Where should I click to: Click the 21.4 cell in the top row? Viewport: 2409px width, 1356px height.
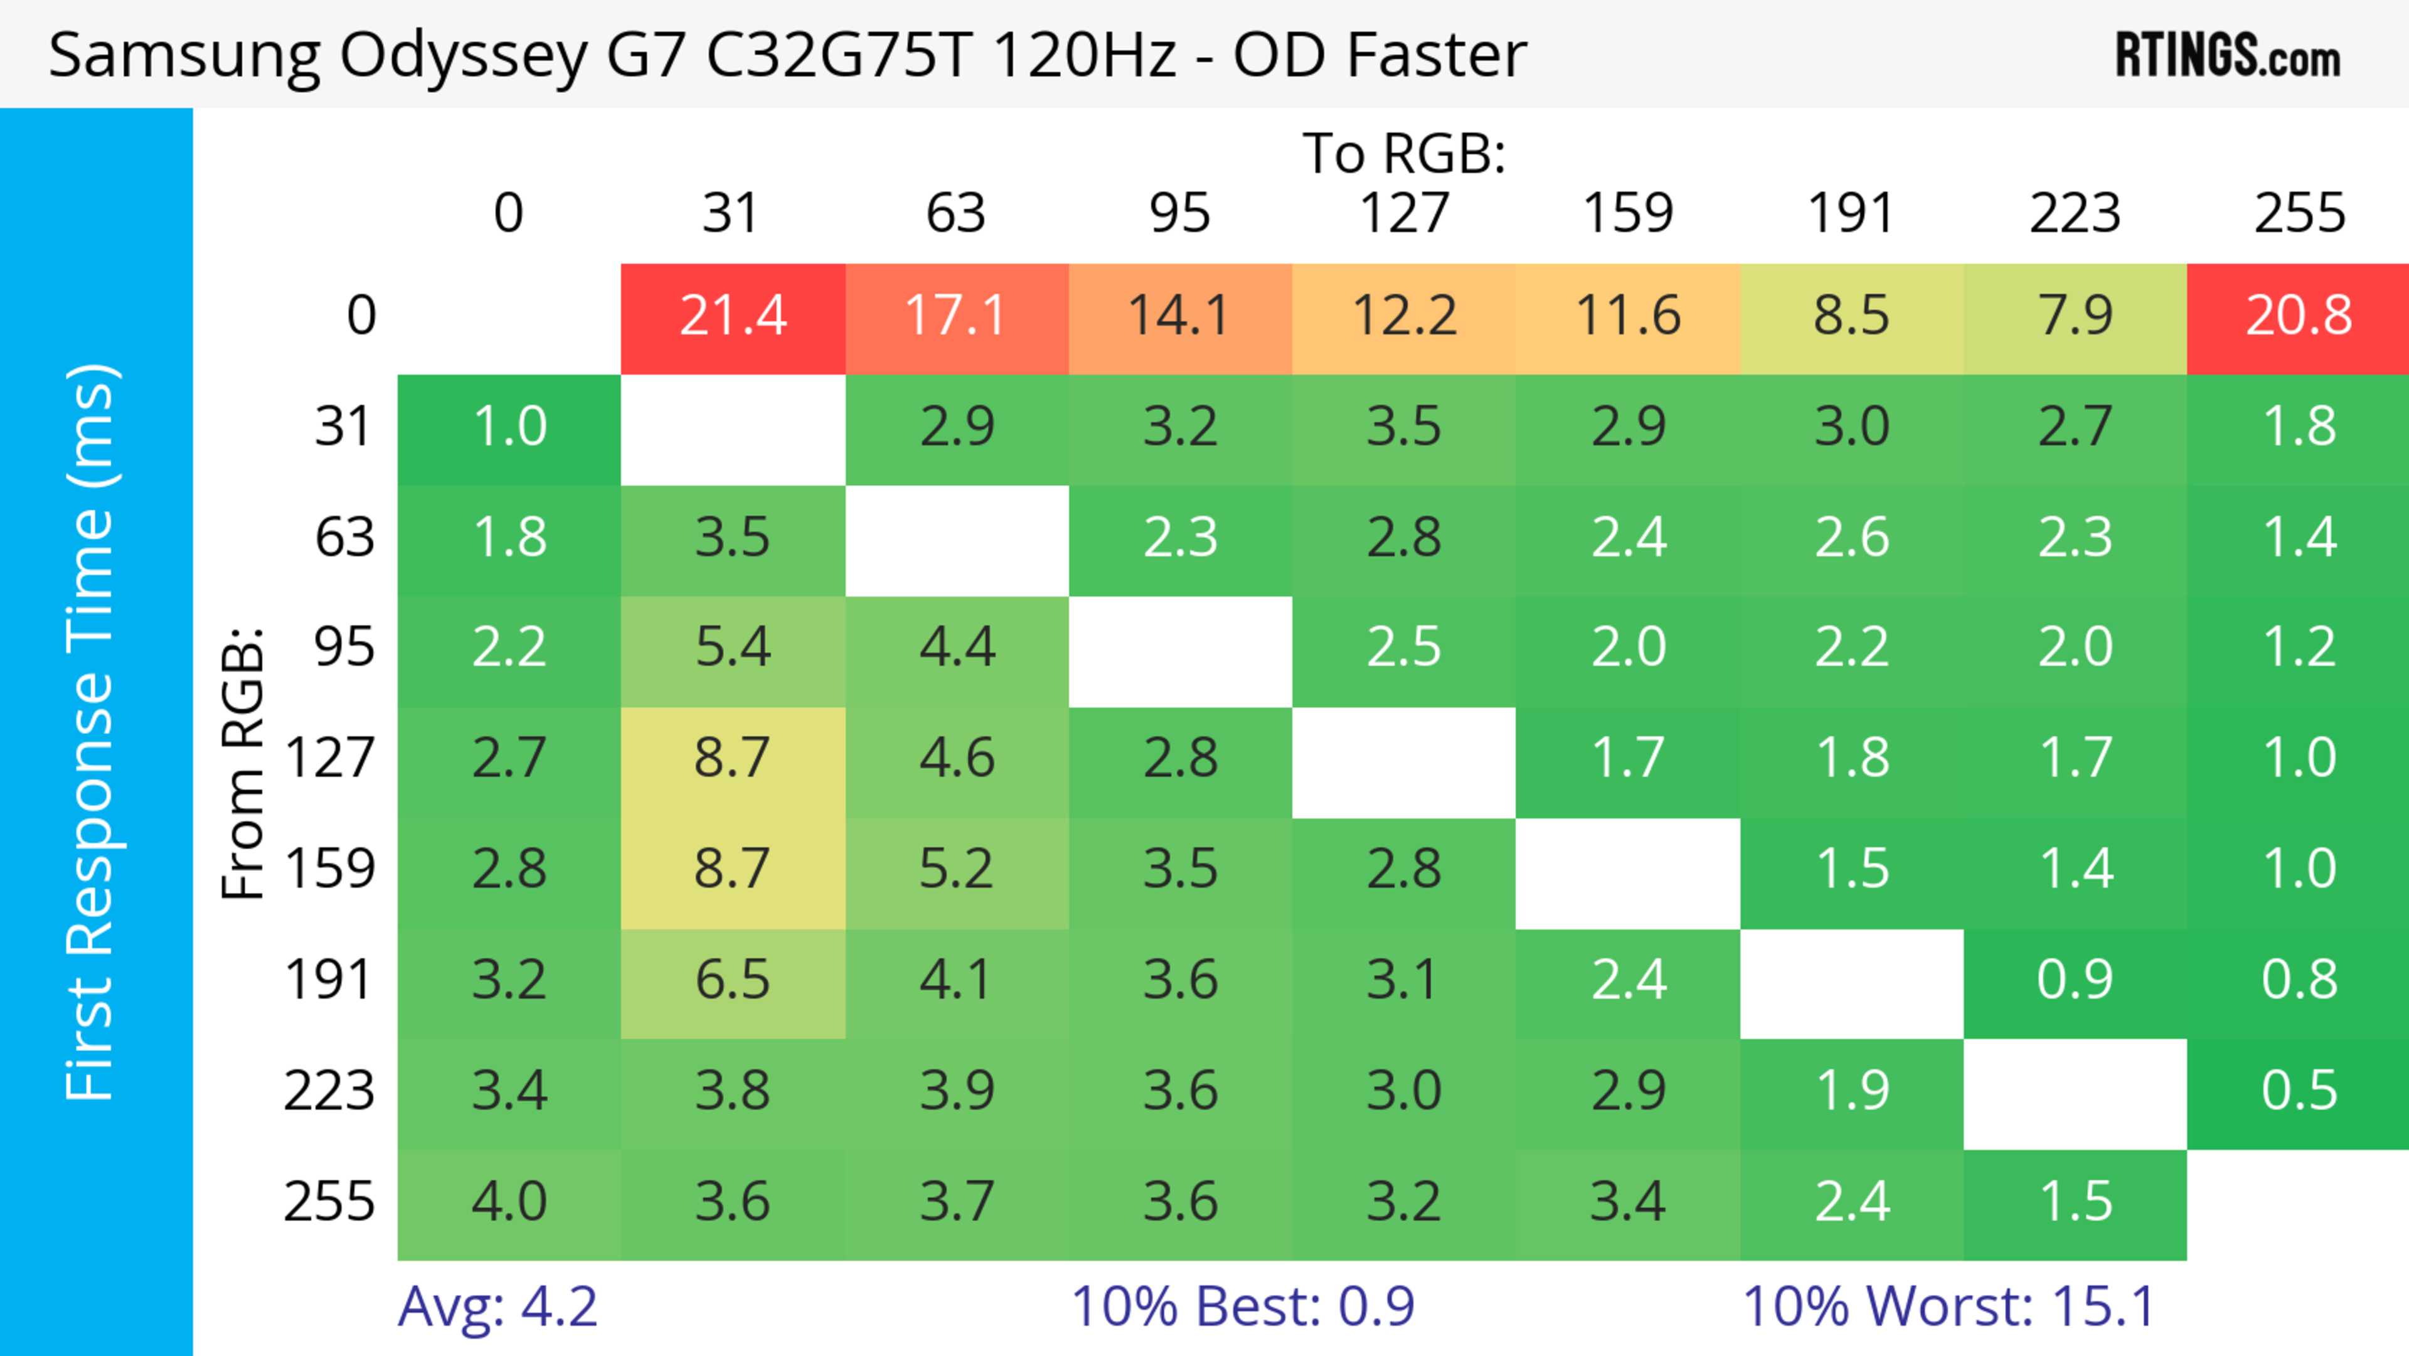click(x=733, y=316)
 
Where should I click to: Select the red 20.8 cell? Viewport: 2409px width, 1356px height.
click(x=2299, y=316)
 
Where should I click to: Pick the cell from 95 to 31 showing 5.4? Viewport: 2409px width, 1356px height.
click(x=733, y=647)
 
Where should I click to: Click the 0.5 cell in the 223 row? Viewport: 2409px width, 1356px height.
click(x=2299, y=1091)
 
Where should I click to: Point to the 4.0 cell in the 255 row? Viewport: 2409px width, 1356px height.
click(x=509, y=1202)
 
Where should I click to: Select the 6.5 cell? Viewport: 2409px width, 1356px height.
click(x=733, y=980)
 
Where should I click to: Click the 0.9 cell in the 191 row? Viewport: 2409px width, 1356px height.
click(x=2075, y=980)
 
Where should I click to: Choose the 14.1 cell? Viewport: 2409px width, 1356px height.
click(x=1179, y=316)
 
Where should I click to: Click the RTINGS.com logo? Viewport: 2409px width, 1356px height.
click(x=2228, y=56)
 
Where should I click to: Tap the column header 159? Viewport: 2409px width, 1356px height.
click(x=1627, y=213)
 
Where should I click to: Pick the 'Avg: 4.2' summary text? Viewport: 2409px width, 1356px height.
click(x=497, y=1306)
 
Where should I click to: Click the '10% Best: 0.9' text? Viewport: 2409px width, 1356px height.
click(x=1242, y=1306)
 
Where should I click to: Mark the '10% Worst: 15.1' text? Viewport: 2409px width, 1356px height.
click(x=1949, y=1306)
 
